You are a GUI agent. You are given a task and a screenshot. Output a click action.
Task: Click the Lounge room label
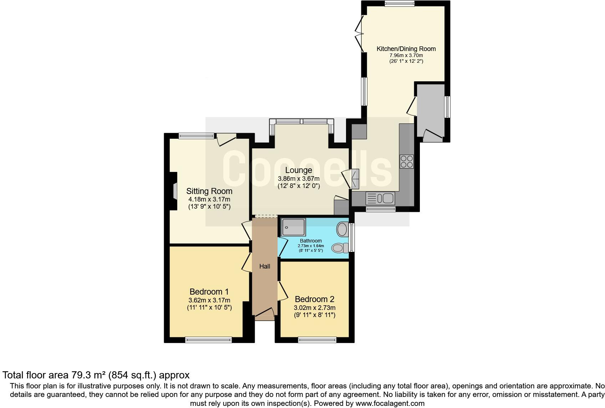click(298, 170)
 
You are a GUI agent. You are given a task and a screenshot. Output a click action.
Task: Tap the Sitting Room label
click(209, 192)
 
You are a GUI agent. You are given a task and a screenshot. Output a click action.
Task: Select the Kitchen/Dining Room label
click(406, 49)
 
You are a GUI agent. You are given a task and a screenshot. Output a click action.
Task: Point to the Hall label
click(265, 266)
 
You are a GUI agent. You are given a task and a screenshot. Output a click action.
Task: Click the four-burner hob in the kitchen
click(407, 162)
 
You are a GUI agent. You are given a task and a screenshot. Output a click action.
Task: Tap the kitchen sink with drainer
click(380, 198)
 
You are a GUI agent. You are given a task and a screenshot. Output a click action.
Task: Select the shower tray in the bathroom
click(293, 227)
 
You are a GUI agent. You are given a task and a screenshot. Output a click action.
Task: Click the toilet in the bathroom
click(340, 247)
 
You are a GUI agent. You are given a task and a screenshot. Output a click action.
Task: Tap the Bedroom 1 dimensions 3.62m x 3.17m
click(209, 300)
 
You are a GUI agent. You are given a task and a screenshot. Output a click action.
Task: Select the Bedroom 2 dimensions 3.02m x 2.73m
click(315, 308)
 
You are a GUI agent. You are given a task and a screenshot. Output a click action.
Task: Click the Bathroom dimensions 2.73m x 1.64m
click(311, 246)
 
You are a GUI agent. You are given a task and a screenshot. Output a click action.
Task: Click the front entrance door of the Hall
click(264, 313)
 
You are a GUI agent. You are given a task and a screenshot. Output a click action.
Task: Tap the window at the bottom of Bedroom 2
click(317, 340)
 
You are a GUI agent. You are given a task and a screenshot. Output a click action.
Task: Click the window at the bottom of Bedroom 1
click(209, 340)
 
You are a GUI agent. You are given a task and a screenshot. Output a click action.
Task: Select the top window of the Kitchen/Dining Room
click(400, 4)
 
